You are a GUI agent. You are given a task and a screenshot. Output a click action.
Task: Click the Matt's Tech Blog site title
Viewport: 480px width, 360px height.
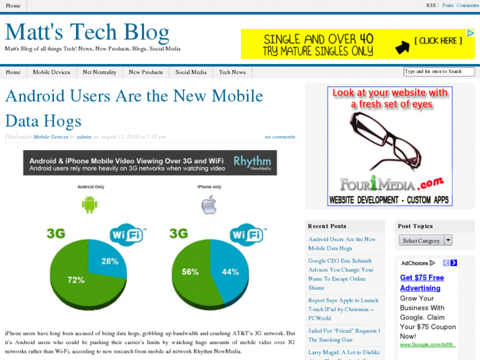(x=87, y=32)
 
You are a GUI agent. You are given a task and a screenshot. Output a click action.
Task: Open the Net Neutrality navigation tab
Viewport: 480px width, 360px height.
(x=100, y=72)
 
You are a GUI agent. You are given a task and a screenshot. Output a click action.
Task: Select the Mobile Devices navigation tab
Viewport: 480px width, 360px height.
(x=51, y=72)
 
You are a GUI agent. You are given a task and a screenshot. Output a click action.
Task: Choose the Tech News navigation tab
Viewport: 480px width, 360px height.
(x=232, y=72)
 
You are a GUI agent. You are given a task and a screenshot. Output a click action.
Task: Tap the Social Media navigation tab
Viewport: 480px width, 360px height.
(x=191, y=72)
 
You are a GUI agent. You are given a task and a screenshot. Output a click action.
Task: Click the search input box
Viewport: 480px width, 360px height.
(x=438, y=71)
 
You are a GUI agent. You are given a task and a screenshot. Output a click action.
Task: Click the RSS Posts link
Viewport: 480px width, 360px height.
(x=448, y=5)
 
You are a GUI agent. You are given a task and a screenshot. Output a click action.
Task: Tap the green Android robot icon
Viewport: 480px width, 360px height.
(x=89, y=205)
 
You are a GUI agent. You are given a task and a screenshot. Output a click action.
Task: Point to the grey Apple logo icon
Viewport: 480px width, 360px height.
(x=209, y=205)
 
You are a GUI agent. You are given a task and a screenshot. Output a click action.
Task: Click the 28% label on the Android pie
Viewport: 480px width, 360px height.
(x=110, y=261)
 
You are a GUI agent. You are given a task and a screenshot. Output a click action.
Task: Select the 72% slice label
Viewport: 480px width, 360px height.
(x=75, y=280)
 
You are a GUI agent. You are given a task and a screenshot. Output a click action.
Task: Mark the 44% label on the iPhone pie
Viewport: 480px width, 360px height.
(x=230, y=271)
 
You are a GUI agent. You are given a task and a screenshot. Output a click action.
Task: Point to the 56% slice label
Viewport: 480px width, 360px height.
(x=190, y=271)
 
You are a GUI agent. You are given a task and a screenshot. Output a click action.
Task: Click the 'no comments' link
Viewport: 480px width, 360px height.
(x=280, y=137)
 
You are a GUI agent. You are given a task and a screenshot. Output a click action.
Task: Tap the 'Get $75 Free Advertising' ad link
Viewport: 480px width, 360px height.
(x=421, y=283)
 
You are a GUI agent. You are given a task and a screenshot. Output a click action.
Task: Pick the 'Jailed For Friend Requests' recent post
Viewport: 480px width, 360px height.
(x=343, y=335)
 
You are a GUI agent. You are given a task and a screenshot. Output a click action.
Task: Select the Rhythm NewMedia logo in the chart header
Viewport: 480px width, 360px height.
(x=252, y=162)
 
